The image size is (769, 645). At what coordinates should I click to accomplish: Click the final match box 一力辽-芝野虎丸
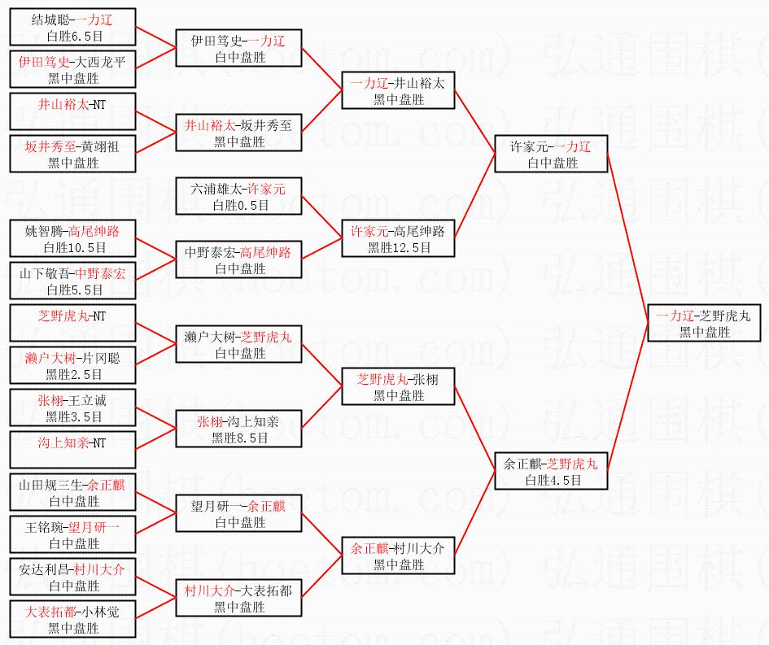704,323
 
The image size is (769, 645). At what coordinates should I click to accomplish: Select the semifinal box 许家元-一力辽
551,154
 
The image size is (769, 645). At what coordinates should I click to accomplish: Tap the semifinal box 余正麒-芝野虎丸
551,471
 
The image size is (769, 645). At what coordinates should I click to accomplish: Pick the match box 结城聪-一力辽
72,27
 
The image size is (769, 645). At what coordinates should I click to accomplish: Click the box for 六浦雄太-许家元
239,196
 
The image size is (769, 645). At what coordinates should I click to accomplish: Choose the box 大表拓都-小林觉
72,619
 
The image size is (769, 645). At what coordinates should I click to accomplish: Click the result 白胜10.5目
75,247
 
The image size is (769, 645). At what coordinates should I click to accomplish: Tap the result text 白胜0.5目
241,205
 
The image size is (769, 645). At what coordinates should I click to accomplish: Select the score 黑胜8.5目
240,438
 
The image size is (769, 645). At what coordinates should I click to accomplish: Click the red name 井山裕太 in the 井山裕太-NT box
63,104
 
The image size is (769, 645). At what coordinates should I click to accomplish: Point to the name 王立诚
87,400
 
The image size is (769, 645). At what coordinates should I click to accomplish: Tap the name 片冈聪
101,358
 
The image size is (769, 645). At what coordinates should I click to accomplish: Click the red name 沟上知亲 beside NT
63,443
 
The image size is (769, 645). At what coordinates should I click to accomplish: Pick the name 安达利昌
44,569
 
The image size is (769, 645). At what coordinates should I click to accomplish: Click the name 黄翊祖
100,146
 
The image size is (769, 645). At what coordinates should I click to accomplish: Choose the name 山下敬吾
45,273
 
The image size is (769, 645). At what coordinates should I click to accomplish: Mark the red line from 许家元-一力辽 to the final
627,238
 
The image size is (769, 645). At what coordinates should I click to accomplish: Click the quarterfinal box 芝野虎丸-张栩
398,386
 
